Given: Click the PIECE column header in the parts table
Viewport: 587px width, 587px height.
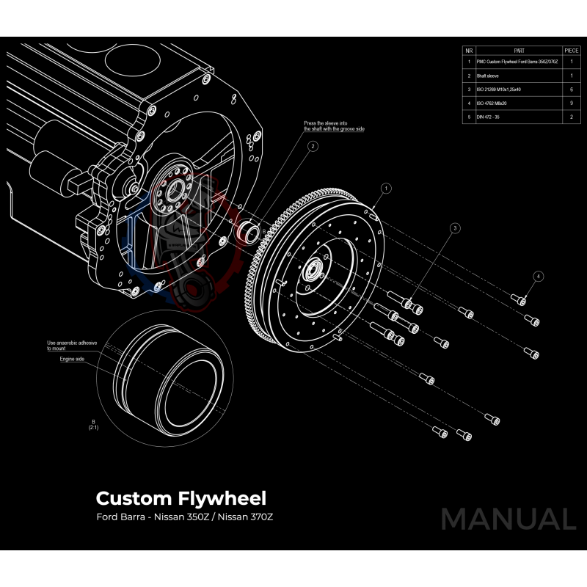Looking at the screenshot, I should coord(572,50).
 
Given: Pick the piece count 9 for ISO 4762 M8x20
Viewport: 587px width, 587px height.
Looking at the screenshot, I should coord(572,103).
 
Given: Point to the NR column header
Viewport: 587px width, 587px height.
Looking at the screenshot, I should coord(468,50).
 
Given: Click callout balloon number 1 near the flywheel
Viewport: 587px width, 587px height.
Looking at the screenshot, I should coord(386,189).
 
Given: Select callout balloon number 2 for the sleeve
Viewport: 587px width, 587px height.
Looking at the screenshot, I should coord(313,146).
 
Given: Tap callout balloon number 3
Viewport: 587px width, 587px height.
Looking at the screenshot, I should coord(455,229).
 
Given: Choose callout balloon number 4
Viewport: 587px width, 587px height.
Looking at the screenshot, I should coord(539,277).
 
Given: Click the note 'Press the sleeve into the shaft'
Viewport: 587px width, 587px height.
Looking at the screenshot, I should coord(334,125).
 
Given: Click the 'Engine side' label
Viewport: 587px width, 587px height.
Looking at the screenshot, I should coord(73,360).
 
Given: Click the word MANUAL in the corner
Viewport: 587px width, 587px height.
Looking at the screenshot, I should coord(508,519).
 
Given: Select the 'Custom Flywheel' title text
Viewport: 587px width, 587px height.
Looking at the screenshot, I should coord(181,498).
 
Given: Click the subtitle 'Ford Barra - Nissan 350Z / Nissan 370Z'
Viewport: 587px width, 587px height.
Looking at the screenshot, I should coord(184,517).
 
